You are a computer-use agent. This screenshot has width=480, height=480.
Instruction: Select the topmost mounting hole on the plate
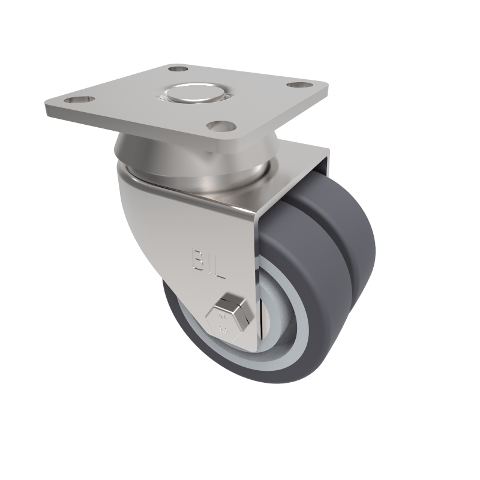pyautogui.click(x=174, y=70)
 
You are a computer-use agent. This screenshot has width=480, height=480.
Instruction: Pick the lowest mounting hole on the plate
pyautogui.click(x=220, y=126)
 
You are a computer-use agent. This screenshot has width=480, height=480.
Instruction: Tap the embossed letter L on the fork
pyautogui.click(x=219, y=271)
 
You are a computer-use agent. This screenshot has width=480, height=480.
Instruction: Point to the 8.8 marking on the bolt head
pyautogui.click(x=224, y=328)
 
